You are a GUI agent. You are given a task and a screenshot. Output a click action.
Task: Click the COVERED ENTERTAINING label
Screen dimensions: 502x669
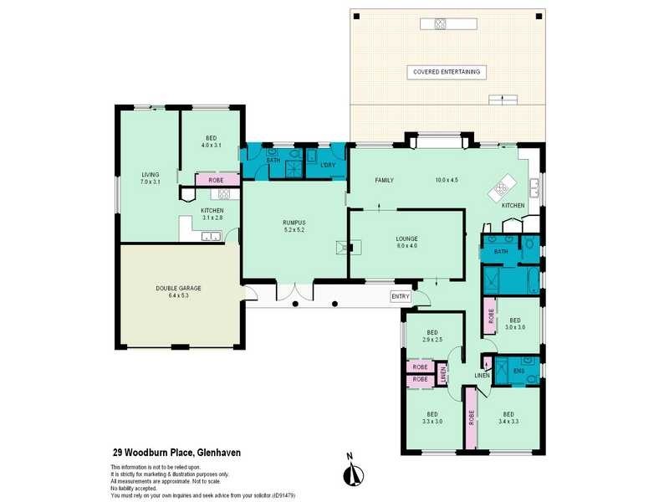447,72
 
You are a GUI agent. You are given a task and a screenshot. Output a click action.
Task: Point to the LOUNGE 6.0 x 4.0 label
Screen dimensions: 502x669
406,243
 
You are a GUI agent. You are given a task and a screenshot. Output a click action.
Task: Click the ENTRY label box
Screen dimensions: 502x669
401,296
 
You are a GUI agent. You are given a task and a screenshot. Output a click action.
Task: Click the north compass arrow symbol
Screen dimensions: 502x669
353,473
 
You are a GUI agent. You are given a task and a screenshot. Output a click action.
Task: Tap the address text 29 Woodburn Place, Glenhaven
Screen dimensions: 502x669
176,451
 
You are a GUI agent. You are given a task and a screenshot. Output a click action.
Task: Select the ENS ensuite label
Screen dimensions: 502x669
518,371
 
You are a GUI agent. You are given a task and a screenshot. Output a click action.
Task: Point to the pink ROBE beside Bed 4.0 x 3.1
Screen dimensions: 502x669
216,179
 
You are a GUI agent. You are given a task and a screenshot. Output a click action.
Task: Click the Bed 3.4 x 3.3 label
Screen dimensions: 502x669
508,418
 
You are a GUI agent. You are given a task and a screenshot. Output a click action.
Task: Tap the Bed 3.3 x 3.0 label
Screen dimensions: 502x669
432,418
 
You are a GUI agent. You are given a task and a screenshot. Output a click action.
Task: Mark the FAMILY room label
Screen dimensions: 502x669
385,180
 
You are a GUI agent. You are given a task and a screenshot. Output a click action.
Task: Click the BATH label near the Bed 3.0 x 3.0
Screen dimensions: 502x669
501,251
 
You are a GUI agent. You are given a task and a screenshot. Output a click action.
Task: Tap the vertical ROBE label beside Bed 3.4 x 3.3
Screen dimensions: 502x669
472,417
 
